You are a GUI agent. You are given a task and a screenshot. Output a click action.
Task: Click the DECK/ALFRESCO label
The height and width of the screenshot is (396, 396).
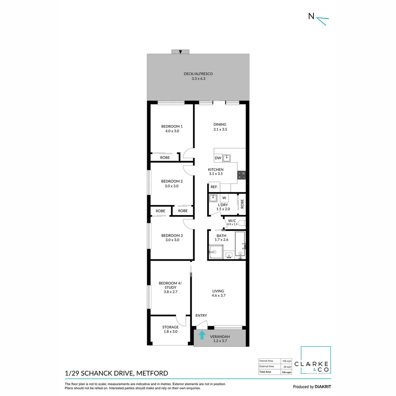(x=198, y=74)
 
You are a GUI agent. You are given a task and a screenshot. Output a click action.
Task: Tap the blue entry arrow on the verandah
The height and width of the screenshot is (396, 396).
(x=202, y=335)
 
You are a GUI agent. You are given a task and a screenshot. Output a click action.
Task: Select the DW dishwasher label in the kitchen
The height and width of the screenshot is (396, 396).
(x=218, y=158)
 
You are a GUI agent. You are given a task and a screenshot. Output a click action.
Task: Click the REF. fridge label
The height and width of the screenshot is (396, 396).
(x=214, y=187)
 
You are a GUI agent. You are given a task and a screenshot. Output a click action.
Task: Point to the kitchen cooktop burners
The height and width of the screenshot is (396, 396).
(x=241, y=175)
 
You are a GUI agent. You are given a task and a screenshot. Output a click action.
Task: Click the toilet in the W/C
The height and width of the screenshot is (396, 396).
(x=242, y=223)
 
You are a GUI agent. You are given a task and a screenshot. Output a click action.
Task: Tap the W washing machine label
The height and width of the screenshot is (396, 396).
(x=224, y=198)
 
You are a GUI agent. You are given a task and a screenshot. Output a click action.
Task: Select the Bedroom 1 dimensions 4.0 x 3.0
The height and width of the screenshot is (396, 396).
(x=172, y=131)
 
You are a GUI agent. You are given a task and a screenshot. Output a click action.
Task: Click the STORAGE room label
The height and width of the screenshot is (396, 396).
(x=170, y=327)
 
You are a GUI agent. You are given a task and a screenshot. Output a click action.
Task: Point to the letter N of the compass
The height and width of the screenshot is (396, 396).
(x=311, y=16)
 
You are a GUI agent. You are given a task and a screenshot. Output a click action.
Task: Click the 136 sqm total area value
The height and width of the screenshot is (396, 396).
(x=286, y=372)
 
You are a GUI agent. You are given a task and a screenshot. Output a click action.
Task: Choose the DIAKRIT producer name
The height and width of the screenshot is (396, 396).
(x=323, y=387)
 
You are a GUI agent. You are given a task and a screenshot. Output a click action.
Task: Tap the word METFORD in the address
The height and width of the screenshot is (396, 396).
(x=152, y=373)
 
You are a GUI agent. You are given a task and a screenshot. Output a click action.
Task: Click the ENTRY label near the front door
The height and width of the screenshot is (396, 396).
(x=201, y=315)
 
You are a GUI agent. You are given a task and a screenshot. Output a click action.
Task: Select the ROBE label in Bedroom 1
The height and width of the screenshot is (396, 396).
(x=165, y=158)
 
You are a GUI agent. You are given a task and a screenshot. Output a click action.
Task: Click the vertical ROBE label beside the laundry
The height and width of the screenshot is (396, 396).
(x=242, y=203)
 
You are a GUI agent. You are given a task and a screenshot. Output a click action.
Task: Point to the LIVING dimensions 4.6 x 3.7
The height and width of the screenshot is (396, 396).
(x=219, y=295)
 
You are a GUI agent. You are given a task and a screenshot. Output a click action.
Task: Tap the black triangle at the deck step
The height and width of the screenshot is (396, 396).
(x=180, y=52)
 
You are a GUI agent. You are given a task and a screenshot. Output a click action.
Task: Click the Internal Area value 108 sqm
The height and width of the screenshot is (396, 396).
(x=287, y=361)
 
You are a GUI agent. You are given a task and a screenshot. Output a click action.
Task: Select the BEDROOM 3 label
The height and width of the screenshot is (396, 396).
(x=172, y=235)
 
